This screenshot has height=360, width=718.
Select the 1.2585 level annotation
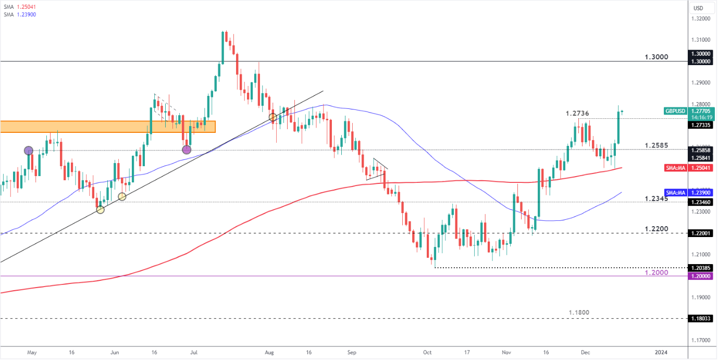pos(656,145)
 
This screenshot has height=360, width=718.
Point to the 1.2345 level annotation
pos(656,198)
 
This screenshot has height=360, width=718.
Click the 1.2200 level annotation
pos(657,229)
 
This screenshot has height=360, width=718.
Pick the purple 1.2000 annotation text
pos(657,272)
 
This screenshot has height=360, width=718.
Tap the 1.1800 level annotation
pos(579,313)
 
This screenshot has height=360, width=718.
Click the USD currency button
pos(698,8)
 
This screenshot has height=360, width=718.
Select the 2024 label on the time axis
pos(661,352)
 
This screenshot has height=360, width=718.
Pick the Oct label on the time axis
pos(428,352)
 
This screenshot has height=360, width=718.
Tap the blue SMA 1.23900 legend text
pos(19,14)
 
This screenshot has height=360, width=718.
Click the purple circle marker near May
pos(29,151)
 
